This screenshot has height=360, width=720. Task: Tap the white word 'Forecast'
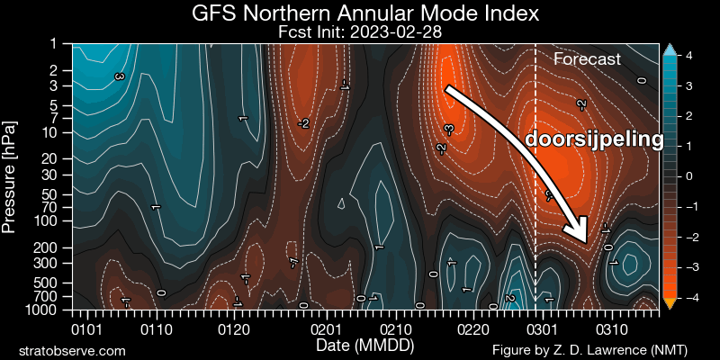point(587,59)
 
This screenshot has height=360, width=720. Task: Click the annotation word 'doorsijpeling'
point(595,139)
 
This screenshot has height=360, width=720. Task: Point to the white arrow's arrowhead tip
point(586,243)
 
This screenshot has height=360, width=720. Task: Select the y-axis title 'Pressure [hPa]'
point(11,177)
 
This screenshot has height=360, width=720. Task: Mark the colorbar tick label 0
point(688,176)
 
